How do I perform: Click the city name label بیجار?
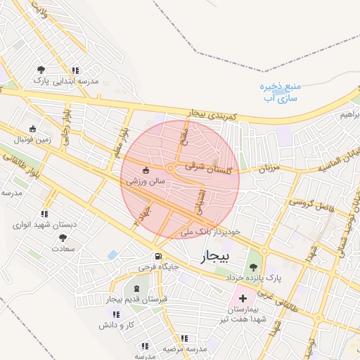[214, 257]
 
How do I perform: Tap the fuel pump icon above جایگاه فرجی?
[158, 256]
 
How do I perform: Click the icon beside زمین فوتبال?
[32, 129]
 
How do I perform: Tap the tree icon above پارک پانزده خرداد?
[252, 266]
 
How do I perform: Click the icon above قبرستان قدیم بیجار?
[136, 289]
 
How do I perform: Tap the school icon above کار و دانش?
[104, 314]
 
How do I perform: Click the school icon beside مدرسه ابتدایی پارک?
[75, 70]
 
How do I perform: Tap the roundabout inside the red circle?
[170, 168]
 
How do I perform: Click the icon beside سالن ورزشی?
[146, 170]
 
